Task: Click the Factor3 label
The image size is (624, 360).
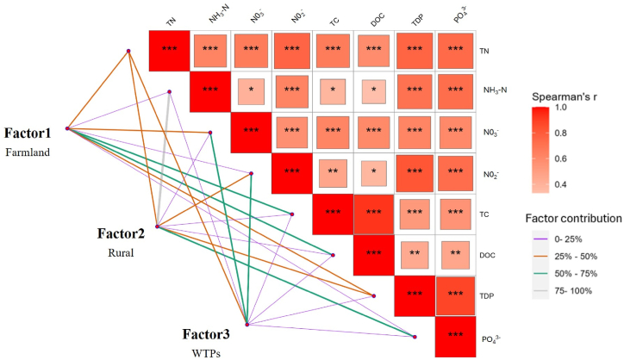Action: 211,334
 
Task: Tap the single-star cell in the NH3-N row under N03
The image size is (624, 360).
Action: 251,90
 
